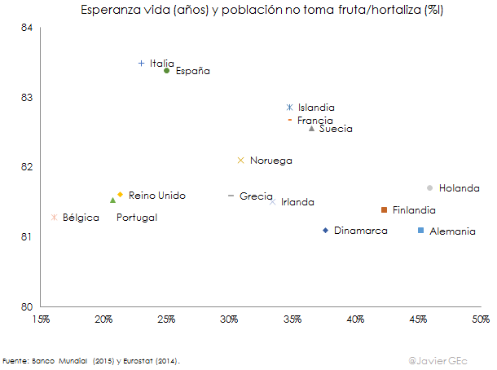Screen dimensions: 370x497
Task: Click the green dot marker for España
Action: (x=166, y=71)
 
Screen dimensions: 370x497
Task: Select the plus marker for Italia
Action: (x=141, y=63)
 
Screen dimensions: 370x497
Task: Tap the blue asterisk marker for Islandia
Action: (x=289, y=107)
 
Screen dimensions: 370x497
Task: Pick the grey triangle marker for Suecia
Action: (x=311, y=129)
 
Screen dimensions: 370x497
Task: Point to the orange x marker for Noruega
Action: (x=240, y=160)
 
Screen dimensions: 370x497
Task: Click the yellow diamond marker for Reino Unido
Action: (x=120, y=195)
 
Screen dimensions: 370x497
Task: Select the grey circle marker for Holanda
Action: (x=429, y=187)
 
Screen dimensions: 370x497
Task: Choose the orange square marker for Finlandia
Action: (x=383, y=209)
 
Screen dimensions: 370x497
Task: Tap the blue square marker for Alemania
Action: (x=420, y=231)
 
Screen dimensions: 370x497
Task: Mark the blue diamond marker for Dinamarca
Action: (x=325, y=231)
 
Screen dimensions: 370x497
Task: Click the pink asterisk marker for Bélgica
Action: (x=54, y=217)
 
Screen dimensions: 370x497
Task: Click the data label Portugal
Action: (x=137, y=218)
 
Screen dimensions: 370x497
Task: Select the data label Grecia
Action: (x=256, y=196)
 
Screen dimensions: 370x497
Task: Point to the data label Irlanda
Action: (x=297, y=202)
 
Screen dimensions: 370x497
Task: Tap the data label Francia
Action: (x=314, y=120)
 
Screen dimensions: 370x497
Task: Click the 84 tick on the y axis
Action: (x=27, y=28)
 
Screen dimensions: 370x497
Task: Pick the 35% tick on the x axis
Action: (x=292, y=318)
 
